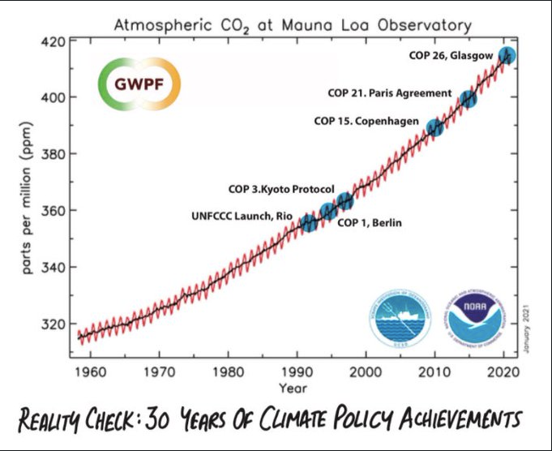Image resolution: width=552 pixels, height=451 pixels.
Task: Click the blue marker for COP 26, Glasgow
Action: point(507,56)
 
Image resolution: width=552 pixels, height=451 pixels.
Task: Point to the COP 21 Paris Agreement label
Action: point(389,93)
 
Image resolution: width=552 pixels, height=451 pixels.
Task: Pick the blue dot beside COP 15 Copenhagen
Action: point(434,127)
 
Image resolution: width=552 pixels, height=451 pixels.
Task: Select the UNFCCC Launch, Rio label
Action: point(240,215)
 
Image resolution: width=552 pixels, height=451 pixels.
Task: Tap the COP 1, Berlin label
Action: point(370,223)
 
